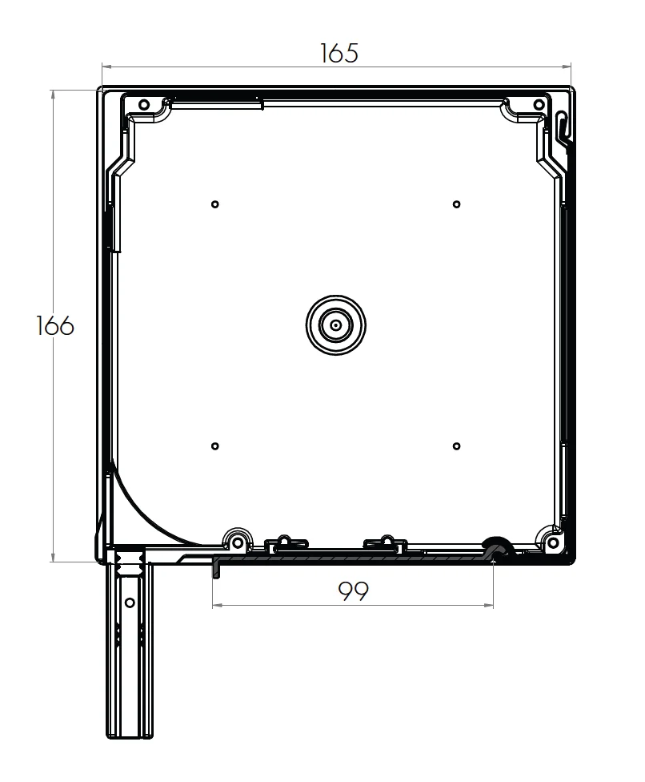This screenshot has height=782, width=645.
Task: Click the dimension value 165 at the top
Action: pyautogui.click(x=339, y=53)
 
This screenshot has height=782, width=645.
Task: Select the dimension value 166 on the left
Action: pyautogui.click(x=55, y=326)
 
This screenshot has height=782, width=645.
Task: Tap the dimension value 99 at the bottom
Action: pyautogui.click(x=353, y=591)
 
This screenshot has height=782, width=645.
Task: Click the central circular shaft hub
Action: pyautogui.click(x=336, y=325)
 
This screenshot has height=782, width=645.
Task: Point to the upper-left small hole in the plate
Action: pyautogui.click(x=215, y=204)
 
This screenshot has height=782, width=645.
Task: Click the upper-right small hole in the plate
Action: pyautogui.click(x=456, y=204)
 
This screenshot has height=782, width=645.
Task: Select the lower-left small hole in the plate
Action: pyautogui.click(x=215, y=446)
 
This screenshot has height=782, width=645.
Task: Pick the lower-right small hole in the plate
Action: pyautogui.click(x=456, y=446)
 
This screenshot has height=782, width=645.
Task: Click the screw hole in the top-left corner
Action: pyautogui.click(x=144, y=105)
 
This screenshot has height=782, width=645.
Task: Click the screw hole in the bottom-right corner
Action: pyautogui.click(x=551, y=542)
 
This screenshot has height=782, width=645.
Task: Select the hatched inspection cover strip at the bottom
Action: pyautogui.click(x=352, y=558)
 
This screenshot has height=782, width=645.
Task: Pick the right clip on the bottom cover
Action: pyautogui.click(x=386, y=543)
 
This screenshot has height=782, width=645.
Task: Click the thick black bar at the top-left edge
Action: pyautogui.click(x=216, y=103)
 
